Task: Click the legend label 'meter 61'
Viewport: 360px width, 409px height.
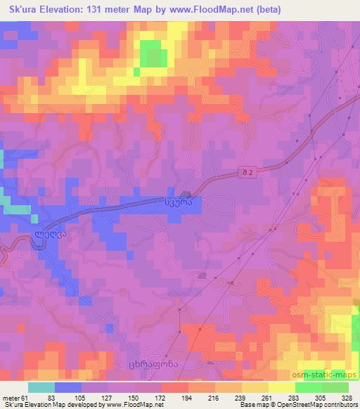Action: coord(15,397)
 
